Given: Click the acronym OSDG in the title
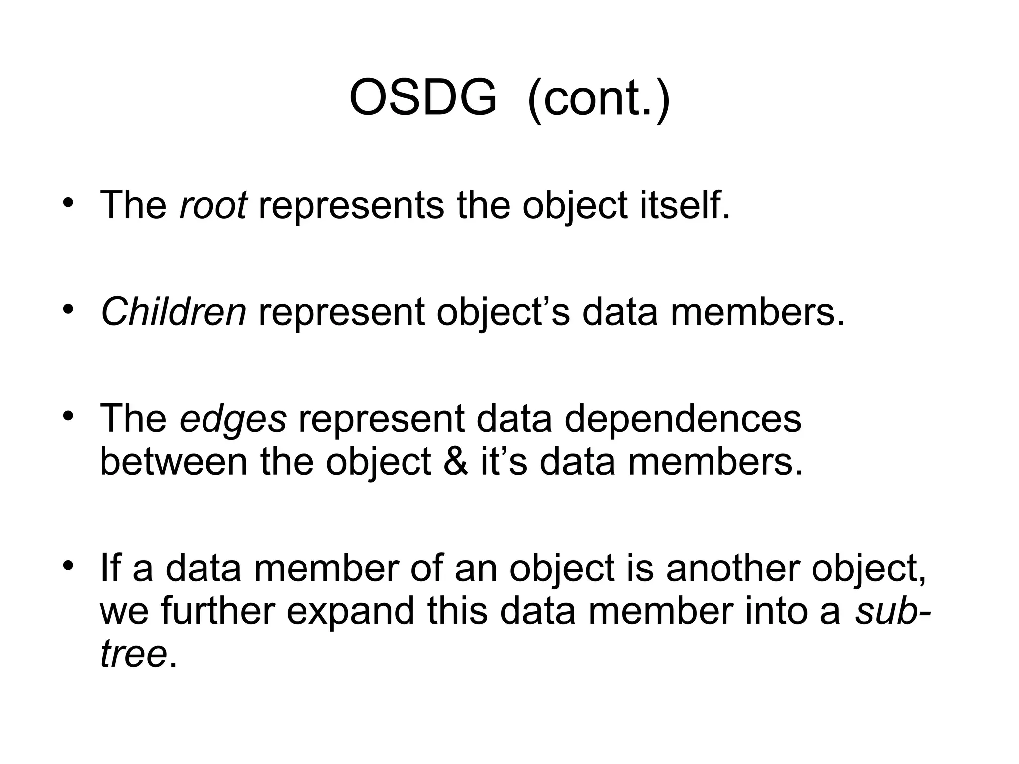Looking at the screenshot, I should (x=423, y=98).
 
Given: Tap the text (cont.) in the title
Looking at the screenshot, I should (x=599, y=98).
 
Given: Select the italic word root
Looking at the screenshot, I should (x=213, y=205).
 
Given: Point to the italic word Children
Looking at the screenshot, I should (x=173, y=312).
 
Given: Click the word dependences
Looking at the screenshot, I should (x=683, y=418).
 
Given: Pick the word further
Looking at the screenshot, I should (x=217, y=611).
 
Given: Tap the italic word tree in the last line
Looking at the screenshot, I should (x=133, y=654).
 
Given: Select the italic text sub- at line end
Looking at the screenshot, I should (x=892, y=611).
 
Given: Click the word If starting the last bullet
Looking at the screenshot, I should (x=110, y=568).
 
